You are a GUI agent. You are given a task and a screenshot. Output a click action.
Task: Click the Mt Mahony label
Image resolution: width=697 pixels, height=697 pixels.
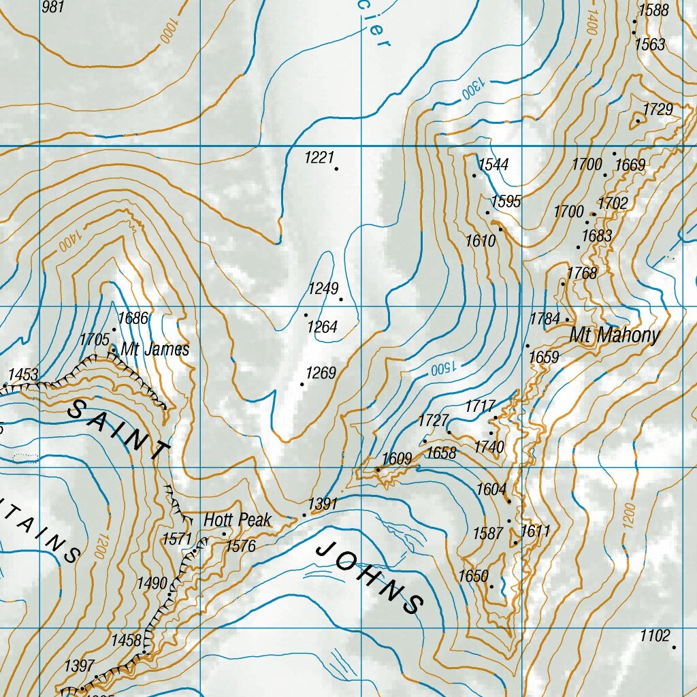coord(615,335)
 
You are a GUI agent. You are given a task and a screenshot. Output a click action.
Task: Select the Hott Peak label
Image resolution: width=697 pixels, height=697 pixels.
coord(238,520)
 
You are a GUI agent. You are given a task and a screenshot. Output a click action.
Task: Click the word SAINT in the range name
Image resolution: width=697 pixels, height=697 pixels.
coord(119,428)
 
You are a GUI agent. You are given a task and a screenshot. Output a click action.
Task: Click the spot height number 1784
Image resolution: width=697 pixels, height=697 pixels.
coord(545,319)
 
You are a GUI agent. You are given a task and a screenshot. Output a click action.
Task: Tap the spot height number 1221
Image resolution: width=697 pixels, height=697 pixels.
coord(319,158)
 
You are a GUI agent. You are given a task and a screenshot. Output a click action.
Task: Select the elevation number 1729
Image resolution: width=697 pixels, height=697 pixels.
coord(658,110)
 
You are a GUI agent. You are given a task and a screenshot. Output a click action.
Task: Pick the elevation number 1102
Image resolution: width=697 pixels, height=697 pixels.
coord(655,636)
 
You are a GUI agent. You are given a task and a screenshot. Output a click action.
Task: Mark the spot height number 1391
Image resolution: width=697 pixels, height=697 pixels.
coord(323,504)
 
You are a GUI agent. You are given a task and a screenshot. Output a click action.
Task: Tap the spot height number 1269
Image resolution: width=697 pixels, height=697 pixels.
coord(321,373)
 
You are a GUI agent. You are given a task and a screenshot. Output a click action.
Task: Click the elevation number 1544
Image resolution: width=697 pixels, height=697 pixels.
coord(493,165)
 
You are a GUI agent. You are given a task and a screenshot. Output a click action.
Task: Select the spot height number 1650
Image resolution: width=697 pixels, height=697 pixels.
coord(473,577)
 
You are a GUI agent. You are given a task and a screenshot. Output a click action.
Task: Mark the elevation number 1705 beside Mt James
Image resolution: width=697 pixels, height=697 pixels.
coord(94,339)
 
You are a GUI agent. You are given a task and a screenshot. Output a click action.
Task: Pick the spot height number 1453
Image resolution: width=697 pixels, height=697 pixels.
coord(23,374)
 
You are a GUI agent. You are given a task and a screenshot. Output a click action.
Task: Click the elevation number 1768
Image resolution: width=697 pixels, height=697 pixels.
coord(582,274)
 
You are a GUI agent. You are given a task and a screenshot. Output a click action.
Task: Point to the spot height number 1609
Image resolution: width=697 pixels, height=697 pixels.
coord(397,459)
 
